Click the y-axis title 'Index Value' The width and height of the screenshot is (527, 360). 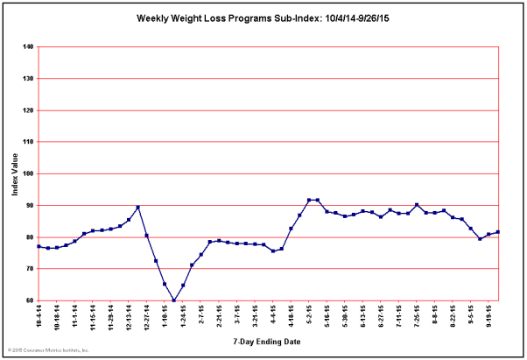pyautogui.click(x=16, y=174)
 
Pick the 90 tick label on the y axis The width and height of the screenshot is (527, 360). pyautogui.click(x=29, y=206)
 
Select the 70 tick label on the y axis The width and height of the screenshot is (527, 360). pyautogui.click(x=29, y=269)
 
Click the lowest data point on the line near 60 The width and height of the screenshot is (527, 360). pyautogui.click(x=174, y=300)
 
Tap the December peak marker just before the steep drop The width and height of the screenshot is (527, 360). pyautogui.click(x=138, y=208)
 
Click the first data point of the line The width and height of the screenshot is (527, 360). pyautogui.click(x=39, y=246)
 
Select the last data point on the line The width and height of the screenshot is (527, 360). pyautogui.click(x=498, y=232)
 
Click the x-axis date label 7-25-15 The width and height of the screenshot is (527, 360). pyautogui.click(x=418, y=316)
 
